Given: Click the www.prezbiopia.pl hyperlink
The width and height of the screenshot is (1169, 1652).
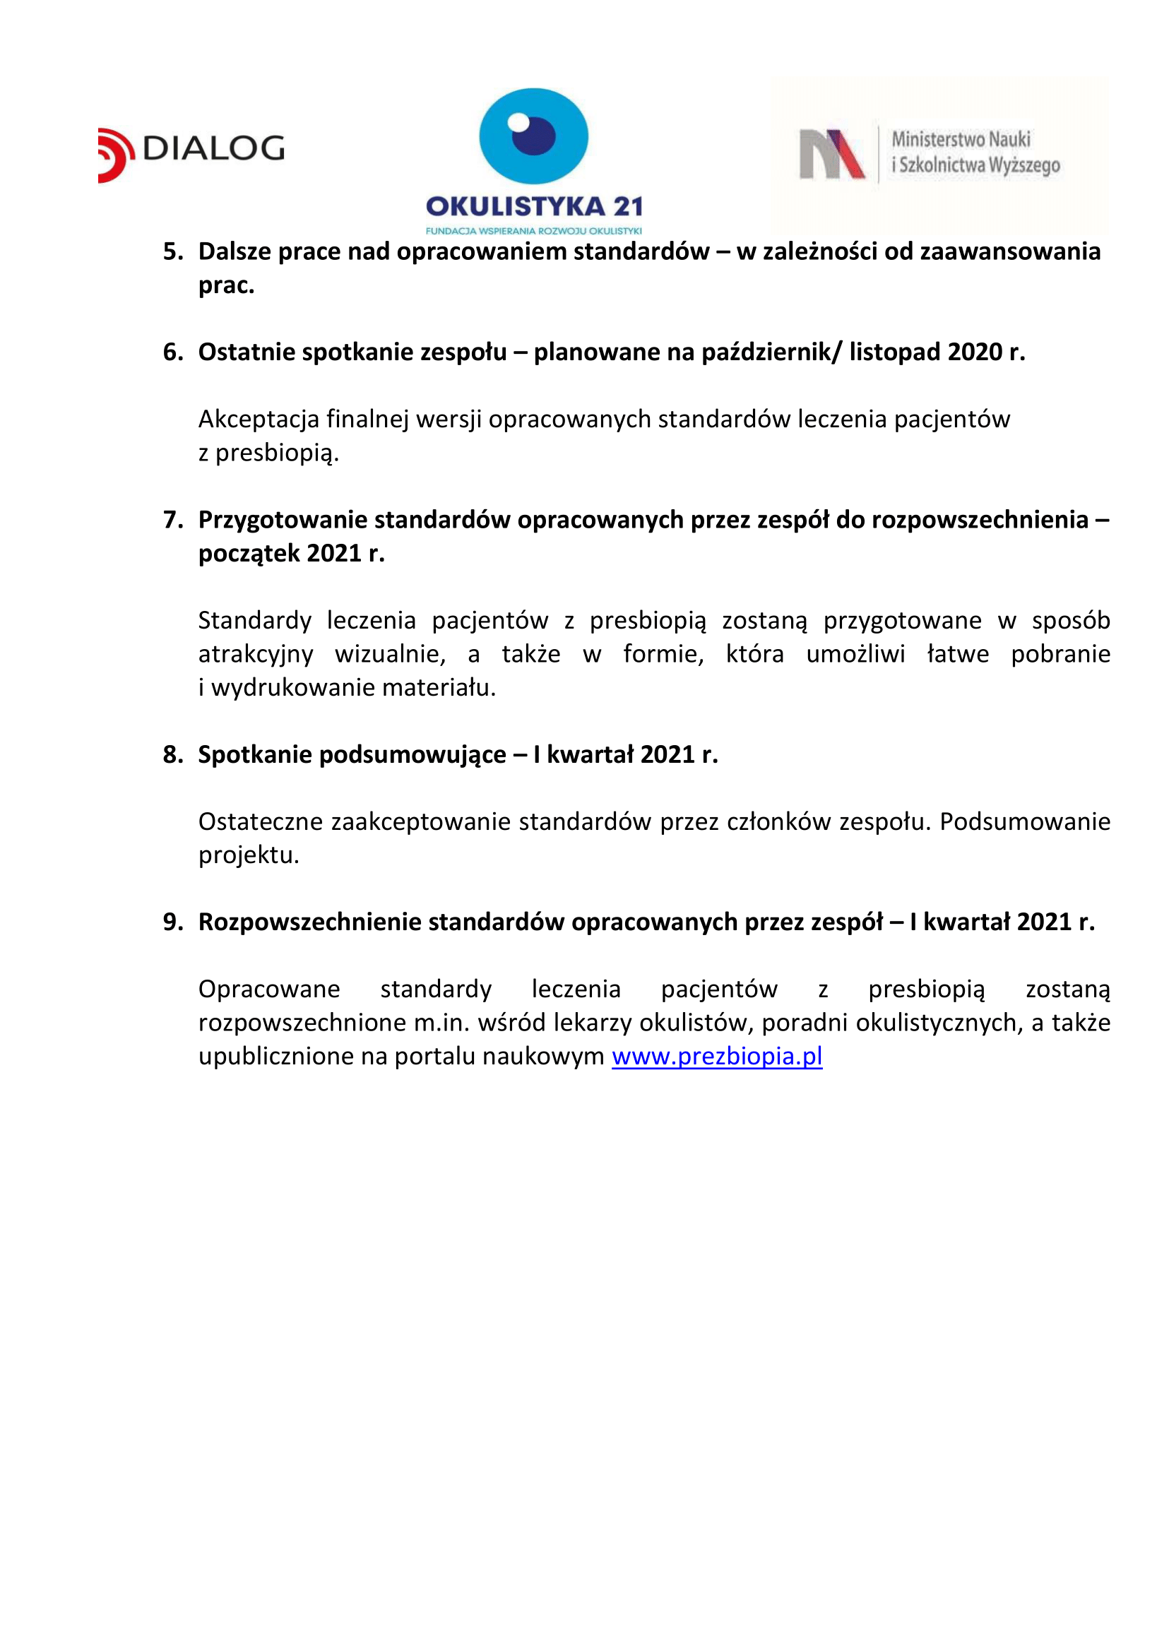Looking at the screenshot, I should [716, 1056].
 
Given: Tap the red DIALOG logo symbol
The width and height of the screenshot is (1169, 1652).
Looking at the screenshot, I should [115, 155].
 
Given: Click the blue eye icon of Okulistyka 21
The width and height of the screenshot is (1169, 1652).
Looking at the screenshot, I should [533, 136].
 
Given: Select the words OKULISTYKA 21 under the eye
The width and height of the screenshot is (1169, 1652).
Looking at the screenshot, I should [533, 207].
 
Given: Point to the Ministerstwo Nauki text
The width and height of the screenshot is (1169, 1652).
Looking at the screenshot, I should [961, 139].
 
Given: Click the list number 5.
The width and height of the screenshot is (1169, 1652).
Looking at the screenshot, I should [172, 252].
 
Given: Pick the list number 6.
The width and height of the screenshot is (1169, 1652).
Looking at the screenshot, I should [172, 352].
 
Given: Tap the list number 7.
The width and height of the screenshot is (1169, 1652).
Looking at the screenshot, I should [172, 520].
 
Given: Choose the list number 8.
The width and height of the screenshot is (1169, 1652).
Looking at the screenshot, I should [172, 754].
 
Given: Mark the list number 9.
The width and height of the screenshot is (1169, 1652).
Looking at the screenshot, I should [172, 922].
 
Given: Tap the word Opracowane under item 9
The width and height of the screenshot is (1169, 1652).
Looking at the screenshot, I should [269, 989].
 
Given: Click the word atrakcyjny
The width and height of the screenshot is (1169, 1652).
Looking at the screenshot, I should [256, 654].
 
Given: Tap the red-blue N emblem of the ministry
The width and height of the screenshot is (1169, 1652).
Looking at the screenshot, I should [831, 154].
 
